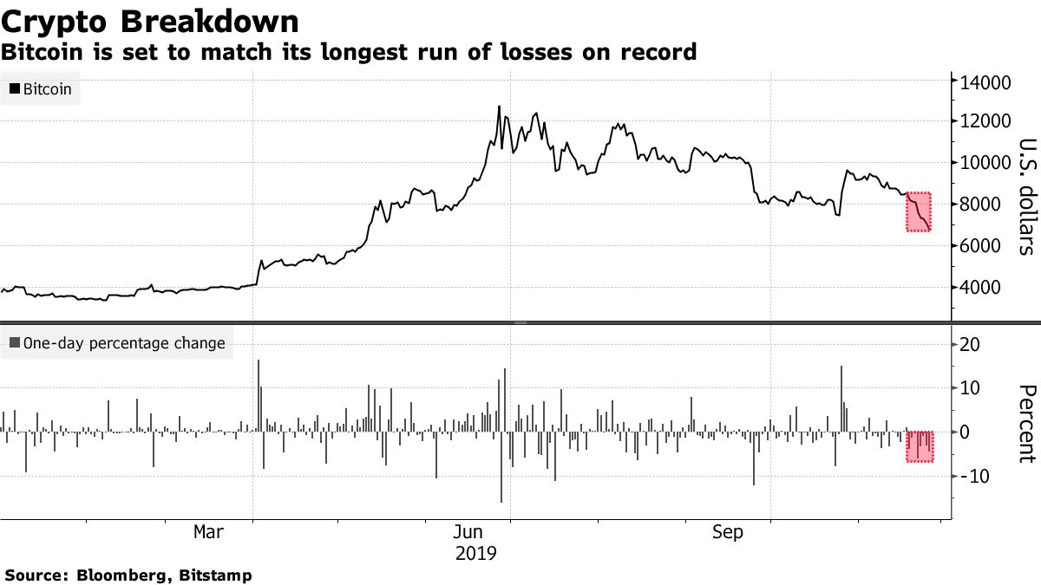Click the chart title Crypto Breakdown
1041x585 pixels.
(151, 21)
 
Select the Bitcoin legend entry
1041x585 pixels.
(41, 88)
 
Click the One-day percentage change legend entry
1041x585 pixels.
(116, 343)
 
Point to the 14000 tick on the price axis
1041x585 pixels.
(984, 82)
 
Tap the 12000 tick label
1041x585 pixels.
(984, 121)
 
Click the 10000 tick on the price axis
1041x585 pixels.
(984, 163)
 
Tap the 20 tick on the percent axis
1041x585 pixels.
(972, 345)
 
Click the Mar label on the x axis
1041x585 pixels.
(209, 533)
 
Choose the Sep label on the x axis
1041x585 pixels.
(727, 533)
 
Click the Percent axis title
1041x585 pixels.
(1026, 423)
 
